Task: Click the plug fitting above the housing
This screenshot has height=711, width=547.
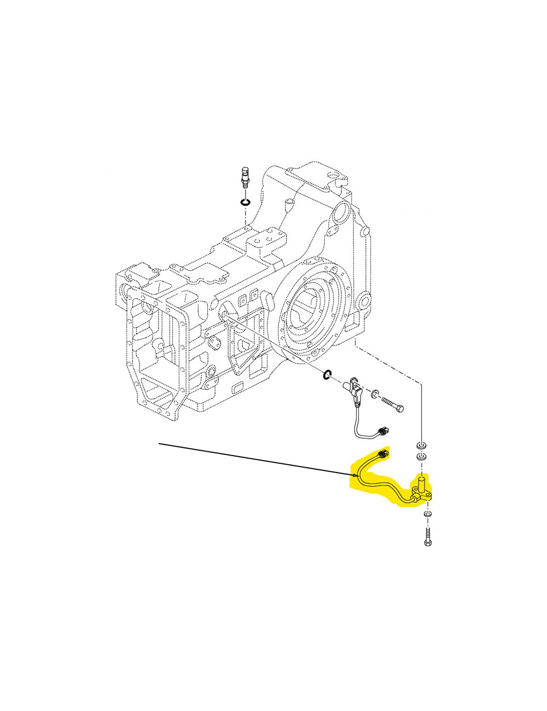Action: point(245,178)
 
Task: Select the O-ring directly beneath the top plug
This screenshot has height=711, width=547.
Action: point(245,203)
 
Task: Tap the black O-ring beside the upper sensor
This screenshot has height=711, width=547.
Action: point(327,375)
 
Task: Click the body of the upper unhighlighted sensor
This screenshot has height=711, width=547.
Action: point(356,392)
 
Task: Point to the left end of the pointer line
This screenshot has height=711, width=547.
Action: point(159,444)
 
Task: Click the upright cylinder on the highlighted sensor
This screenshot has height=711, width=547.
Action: point(422,484)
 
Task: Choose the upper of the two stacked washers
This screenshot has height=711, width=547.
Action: point(421,444)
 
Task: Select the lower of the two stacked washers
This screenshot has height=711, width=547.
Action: point(421,456)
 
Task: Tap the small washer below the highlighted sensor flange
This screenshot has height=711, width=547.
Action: point(427,514)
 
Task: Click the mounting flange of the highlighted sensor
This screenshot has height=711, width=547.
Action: point(424,497)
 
